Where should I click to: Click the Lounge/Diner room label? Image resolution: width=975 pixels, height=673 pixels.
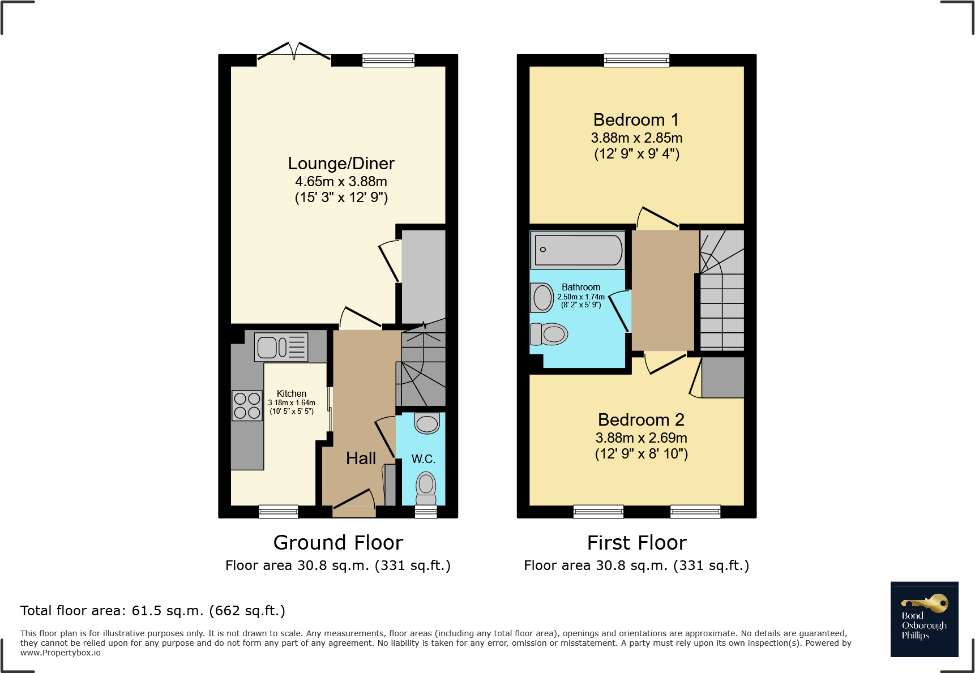point(341,164)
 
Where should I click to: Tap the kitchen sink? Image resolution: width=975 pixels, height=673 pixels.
point(281,347)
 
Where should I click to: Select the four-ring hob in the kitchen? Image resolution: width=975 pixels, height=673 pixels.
point(247,405)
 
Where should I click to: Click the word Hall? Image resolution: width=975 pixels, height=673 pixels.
point(361,458)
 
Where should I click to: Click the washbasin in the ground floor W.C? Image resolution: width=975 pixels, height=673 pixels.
point(427,423)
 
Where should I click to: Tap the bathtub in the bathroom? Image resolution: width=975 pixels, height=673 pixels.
point(578,250)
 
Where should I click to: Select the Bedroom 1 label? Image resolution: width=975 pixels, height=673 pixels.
point(636,120)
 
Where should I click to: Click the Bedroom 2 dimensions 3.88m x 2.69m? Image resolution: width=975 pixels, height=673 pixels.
point(641,438)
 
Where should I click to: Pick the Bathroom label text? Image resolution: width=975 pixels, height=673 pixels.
point(581,288)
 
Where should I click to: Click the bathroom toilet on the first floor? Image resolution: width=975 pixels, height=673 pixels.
point(549,334)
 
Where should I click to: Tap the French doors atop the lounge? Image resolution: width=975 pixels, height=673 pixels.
point(294,52)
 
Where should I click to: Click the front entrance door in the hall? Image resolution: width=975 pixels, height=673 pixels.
point(354,504)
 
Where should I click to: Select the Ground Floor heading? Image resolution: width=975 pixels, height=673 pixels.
point(338,542)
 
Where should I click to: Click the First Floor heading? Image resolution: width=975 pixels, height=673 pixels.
point(636,542)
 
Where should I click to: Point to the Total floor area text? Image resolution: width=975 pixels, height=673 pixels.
point(153,611)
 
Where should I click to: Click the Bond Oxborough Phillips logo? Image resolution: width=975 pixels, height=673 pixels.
point(924,619)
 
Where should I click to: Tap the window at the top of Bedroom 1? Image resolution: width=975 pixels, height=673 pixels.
point(636,60)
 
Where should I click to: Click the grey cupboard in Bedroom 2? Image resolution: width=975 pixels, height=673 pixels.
point(722,378)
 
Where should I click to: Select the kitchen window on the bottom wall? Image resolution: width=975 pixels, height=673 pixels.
point(278,511)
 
